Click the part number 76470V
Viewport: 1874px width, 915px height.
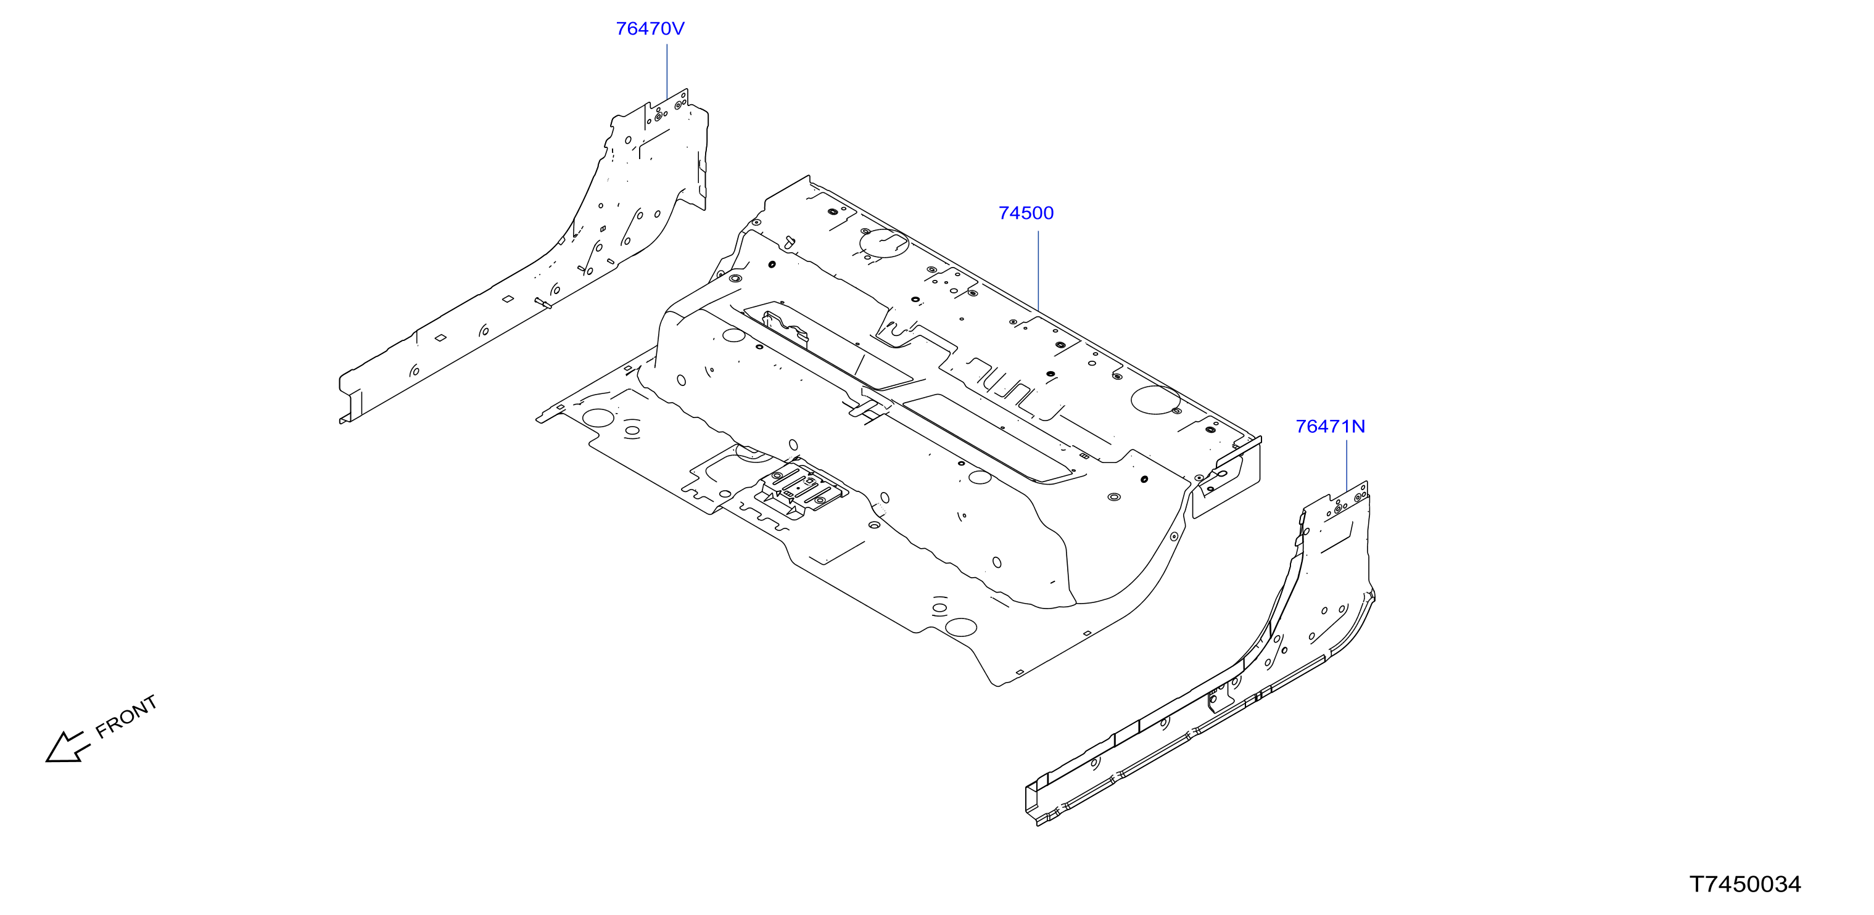(650, 28)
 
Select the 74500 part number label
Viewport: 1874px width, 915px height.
(1026, 213)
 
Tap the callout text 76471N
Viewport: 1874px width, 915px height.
(1330, 427)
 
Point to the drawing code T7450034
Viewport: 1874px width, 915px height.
(1744, 884)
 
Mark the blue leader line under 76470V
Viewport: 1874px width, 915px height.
(667, 72)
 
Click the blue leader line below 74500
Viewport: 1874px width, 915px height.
(1038, 271)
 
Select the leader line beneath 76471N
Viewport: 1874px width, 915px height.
(1347, 466)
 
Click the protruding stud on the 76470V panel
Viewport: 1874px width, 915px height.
(543, 303)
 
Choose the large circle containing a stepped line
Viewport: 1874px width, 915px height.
(884, 243)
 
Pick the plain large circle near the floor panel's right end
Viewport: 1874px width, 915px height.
(1155, 400)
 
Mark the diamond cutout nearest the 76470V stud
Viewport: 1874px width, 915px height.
(508, 298)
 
